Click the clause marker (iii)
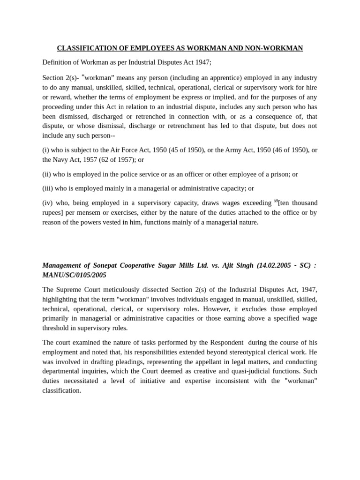(x=47, y=188)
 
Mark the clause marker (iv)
(x=47, y=203)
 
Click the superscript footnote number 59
(x=276, y=201)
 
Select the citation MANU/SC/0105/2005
(x=74, y=275)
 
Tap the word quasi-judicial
(x=240, y=371)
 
